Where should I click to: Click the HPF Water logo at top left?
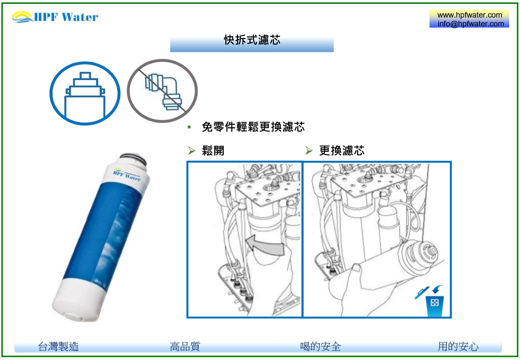(55, 17)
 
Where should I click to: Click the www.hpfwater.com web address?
(470, 15)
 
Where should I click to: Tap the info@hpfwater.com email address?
(470, 24)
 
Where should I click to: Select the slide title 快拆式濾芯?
(252, 40)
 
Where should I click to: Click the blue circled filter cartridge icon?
(85, 94)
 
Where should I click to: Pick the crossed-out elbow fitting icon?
(162, 91)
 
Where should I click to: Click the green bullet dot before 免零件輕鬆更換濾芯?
(189, 127)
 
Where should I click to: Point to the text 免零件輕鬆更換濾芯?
(253, 127)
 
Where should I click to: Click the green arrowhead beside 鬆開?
(192, 150)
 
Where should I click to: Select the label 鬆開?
(213, 150)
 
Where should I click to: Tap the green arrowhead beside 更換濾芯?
(309, 150)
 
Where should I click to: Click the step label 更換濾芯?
(342, 150)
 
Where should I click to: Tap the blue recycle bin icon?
(435, 306)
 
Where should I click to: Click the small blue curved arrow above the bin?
(437, 289)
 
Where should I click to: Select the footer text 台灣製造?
(59, 347)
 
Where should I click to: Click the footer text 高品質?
(185, 347)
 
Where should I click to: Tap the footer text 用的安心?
(458, 347)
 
